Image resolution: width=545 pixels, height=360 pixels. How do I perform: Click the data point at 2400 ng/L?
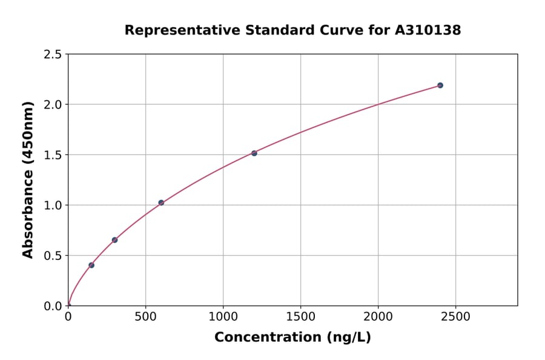coord(440,85)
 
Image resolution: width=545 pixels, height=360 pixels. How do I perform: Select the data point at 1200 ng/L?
coord(254,153)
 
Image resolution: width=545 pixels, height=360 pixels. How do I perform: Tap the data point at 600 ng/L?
coord(161,202)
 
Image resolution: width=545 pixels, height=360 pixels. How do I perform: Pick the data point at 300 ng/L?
coord(114,240)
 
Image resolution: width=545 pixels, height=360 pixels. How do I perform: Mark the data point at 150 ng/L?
coord(91,265)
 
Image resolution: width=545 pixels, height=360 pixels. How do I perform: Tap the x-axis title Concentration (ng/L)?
coord(292,338)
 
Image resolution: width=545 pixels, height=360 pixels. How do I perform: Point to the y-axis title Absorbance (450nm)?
coord(28,179)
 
